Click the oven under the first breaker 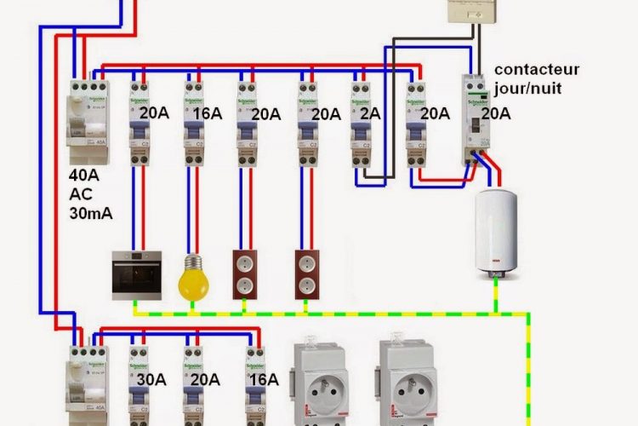(x=137, y=274)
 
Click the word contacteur (x=537, y=68)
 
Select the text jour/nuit (x=528, y=87)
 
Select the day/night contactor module (x=474, y=119)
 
